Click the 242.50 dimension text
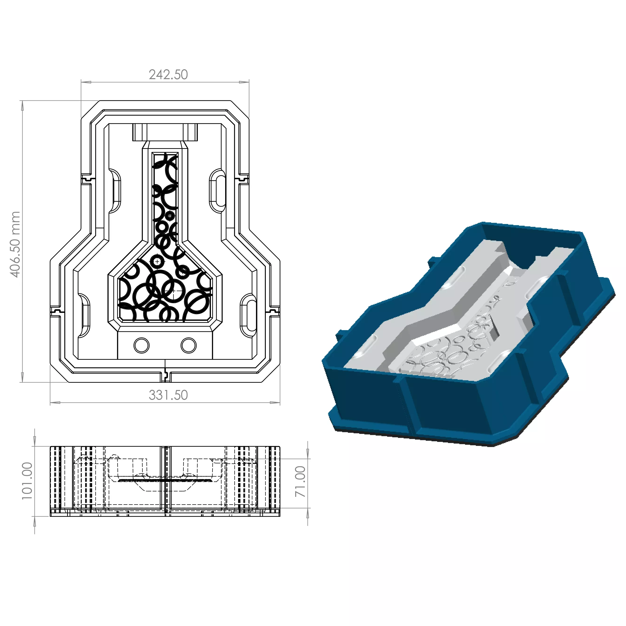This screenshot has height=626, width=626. pyautogui.click(x=168, y=75)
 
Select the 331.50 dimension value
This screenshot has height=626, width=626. pyautogui.click(x=168, y=395)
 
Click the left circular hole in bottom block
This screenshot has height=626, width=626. pyautogui.click(x=141, y=345)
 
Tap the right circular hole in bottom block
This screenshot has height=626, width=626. pyautogui.click(x=189, y=345)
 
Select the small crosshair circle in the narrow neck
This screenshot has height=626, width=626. pyautogui.click(x=170, y=216)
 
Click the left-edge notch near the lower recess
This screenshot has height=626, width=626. pyautogui.click(x=55, y=311)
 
